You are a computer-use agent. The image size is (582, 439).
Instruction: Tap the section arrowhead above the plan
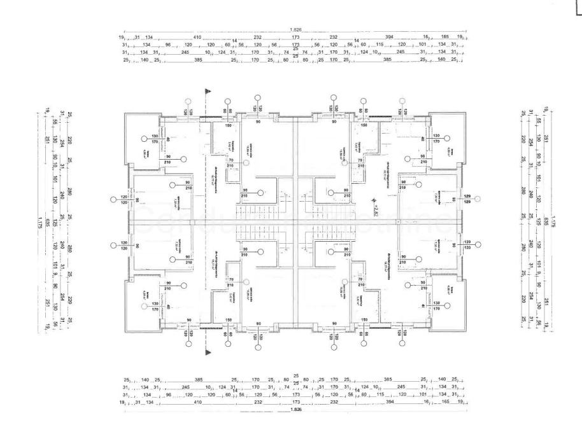(207, 91)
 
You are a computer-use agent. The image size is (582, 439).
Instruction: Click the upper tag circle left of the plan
(113, 200)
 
